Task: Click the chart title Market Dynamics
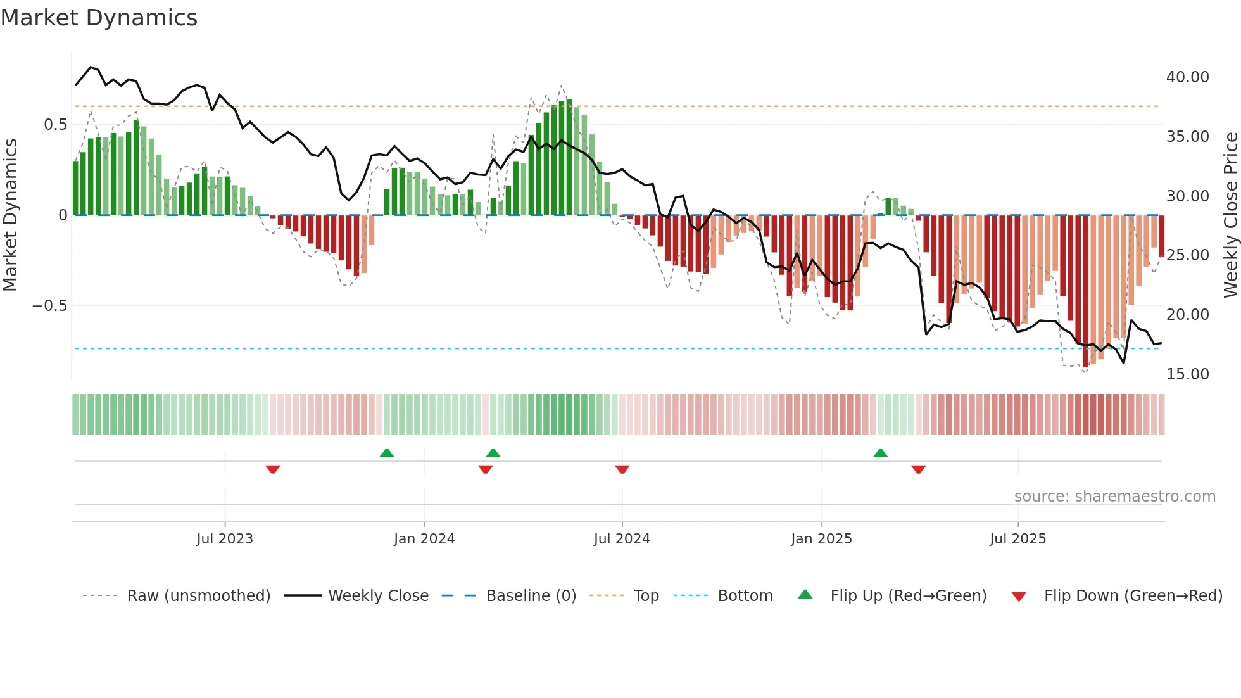99,18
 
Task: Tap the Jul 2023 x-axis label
224,539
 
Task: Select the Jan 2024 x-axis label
424,539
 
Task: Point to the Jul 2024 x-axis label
622,539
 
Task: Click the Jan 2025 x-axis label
821,539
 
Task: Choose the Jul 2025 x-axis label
1017,539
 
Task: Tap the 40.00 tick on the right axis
1187,77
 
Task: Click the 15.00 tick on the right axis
1187,374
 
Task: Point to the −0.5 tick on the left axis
49,306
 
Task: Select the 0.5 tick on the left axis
55,125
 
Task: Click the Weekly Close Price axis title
1230,215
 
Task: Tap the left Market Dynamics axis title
10,215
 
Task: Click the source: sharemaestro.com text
1114,497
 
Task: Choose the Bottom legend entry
745,596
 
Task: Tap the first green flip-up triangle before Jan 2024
387,453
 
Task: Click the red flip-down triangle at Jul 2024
622,469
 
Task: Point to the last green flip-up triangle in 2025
880,453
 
